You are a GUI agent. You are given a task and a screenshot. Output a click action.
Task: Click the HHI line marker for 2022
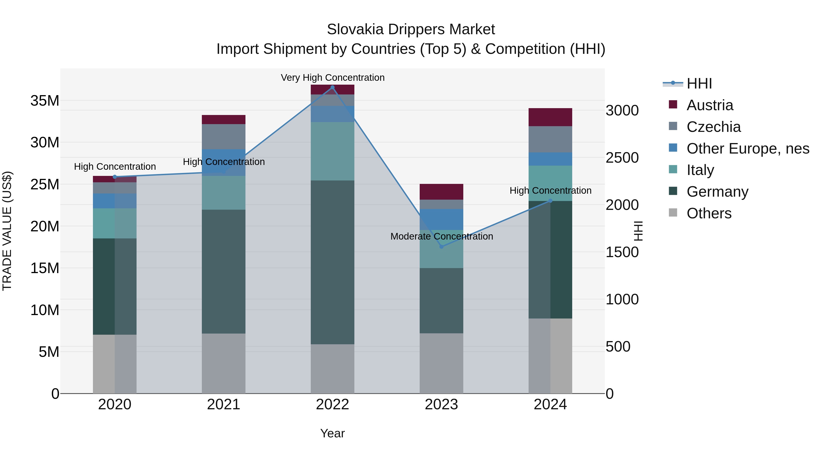pyautogui.click(x=332, y=87)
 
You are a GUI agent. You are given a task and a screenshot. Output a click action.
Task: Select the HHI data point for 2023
pyautogui.click(x=441, y=246)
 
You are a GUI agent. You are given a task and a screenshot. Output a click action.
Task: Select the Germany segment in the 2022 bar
pyautogui.click(x=332, y=262)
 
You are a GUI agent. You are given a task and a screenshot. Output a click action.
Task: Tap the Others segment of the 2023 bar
pyautogui.click(x=441, y=363)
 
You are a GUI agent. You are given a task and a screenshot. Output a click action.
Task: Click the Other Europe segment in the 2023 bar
pyautogui.click(x=441, y=219)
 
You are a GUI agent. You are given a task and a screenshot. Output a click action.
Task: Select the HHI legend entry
pyautogui.click(x=699, y=84)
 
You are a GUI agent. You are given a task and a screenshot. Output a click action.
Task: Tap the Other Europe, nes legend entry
pyautogui.click(x=747, y=149)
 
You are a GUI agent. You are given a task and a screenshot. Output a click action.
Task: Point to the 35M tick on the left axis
pyautogui.click(x=45, y=101)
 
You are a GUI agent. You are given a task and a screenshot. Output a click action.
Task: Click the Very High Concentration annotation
pyautogui.click(x=332, y=78)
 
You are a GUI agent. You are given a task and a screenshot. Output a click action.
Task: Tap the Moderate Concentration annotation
pyautogui.click(x=442, y=236)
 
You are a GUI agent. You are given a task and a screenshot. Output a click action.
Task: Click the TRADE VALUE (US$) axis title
pyautogui.click(x=7, y=231)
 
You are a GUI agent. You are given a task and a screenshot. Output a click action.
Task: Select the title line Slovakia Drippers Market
pyautogui.click(x=411, y=29)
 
